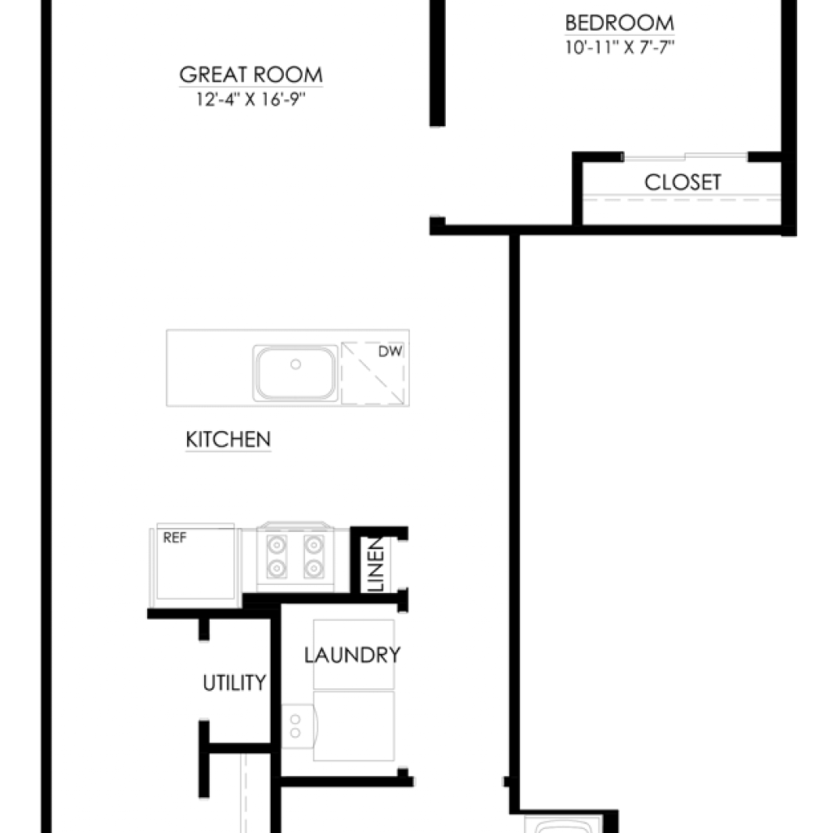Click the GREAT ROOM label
tap(251, 75)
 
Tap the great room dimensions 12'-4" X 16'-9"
tap(251, 99)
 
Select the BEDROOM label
tap(619, 24)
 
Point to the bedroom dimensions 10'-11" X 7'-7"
tap(619, 47)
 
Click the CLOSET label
tap(683, 182)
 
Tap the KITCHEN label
tap(229, 440)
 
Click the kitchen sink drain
tap(296, 364)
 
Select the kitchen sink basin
tap(295, 373)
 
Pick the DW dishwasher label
tap(390, 351)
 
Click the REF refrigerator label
tap(175, 539)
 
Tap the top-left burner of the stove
tap(277, 545)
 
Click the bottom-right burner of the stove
tap(314, 568)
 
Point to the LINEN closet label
tap(376, 565)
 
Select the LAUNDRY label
tap(352, 655)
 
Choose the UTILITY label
tap(234, 683)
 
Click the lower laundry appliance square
tap(354, 726)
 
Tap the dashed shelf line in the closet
tap(683, 200)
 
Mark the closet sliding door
tap(685, 157)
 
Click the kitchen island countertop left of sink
tap(209, 369)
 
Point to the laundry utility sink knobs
tap(295, 726)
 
